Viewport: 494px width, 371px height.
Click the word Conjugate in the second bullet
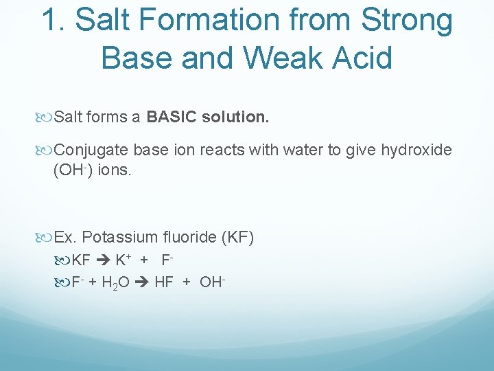coord(91,150)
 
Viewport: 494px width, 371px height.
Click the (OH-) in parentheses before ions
coord(72,169)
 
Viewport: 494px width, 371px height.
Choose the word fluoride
coord(196,238)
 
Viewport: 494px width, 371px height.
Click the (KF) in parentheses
coord(238,238)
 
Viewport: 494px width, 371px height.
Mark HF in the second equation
coord(164,282)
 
